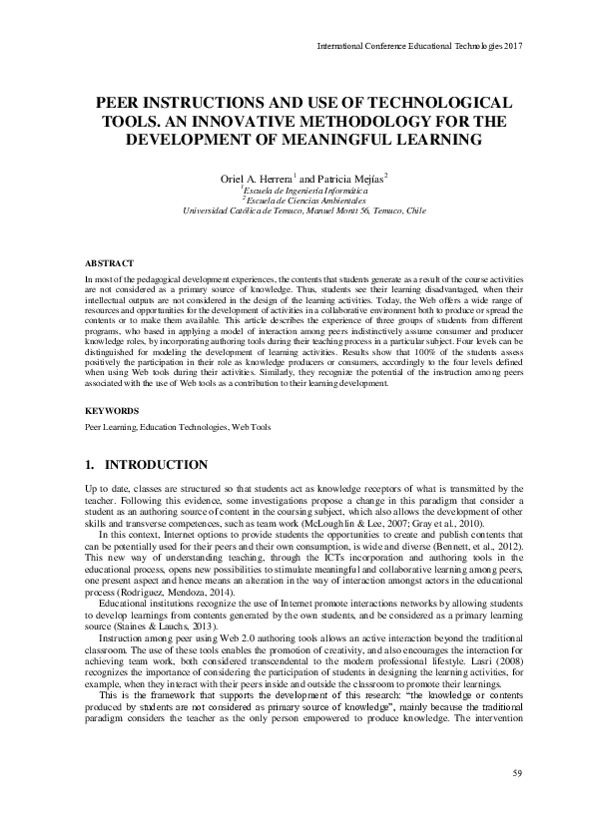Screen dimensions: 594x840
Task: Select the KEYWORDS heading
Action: (108, 410)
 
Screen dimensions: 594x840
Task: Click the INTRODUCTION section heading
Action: (157, 465)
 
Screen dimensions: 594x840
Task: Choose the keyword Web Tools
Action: (251, 426)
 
